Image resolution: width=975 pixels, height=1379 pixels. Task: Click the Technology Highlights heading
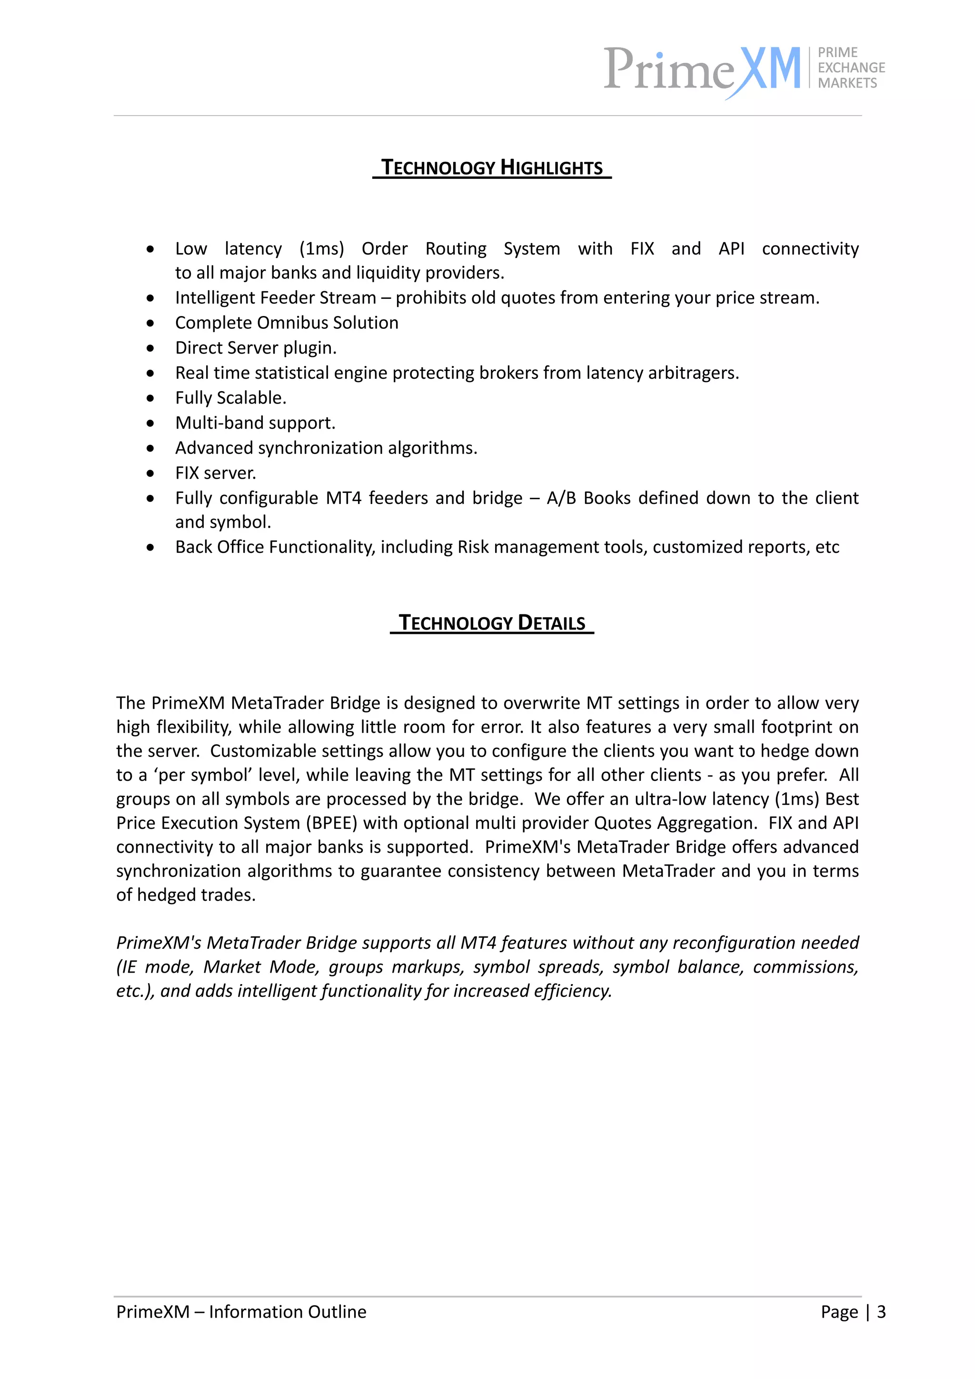point(491,167)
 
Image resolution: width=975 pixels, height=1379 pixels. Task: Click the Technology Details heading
point(491,623)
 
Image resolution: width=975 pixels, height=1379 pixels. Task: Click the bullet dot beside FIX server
point(150,473)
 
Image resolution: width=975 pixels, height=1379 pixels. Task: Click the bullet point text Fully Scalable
point(231,398)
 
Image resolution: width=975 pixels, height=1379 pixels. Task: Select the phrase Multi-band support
point(255,423)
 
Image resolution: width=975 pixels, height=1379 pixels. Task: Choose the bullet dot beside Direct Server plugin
point(150,348)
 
